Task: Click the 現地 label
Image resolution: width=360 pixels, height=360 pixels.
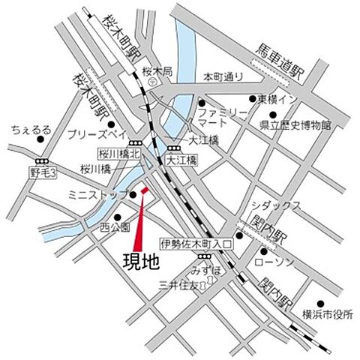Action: (x=141, y=262)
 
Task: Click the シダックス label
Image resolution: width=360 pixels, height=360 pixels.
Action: (x=277, y=204)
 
